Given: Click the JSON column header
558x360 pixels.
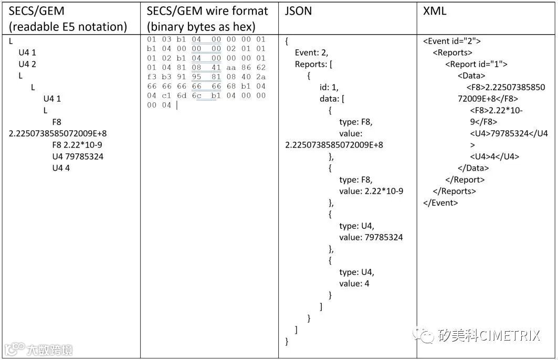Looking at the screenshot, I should tap(298, 11).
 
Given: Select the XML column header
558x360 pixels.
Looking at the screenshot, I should tap(435, 11).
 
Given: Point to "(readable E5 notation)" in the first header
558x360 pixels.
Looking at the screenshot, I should tap(68, 27).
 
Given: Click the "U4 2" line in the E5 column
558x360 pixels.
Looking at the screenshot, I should tap(27, 64).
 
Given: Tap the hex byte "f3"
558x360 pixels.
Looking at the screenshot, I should tap(152, 77).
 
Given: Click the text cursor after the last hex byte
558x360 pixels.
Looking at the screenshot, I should tap(177, 105).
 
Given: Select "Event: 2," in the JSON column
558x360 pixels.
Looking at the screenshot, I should tap(312, 52).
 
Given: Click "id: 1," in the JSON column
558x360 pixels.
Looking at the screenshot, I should tap(329, 87).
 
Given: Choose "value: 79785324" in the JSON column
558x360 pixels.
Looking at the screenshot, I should tap(371, 237).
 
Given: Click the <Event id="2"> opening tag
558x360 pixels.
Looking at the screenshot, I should tap(452, 41).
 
